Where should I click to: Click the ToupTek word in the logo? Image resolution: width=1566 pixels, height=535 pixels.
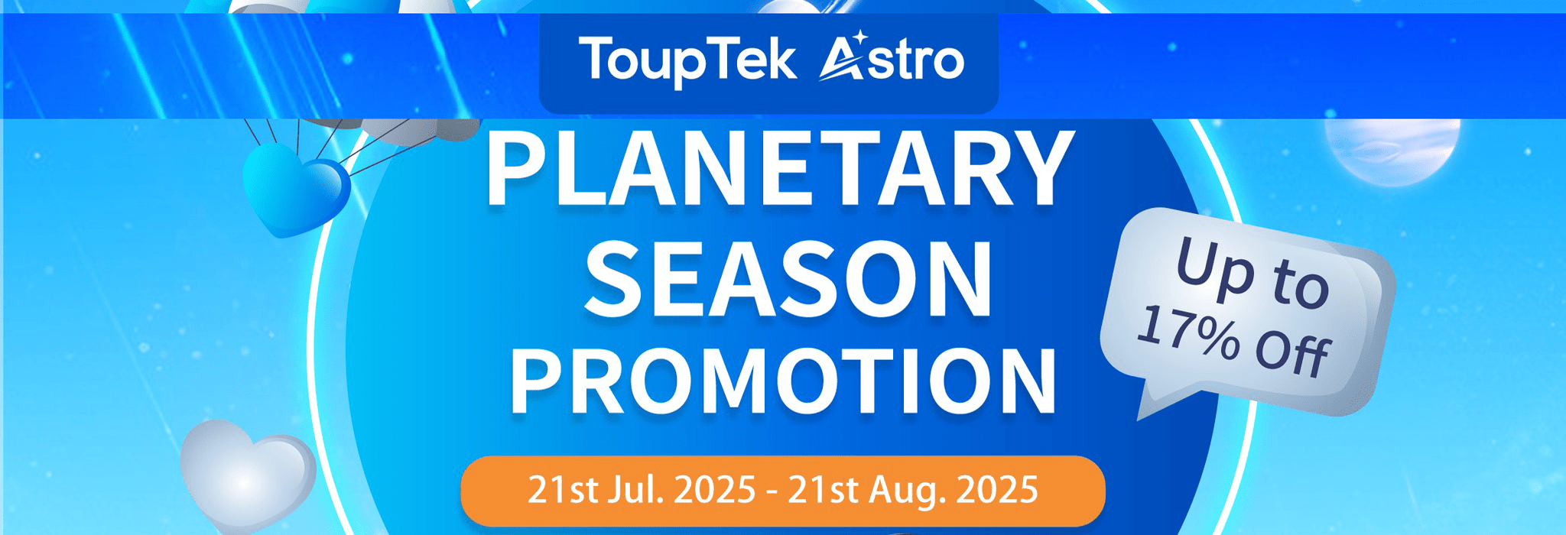click(687, 60)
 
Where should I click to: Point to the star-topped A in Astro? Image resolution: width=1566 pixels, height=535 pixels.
click(843, 57)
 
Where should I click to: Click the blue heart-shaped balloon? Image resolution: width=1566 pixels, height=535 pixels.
click(295, 189)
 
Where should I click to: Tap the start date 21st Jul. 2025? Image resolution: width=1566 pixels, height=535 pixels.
click(642, 490)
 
